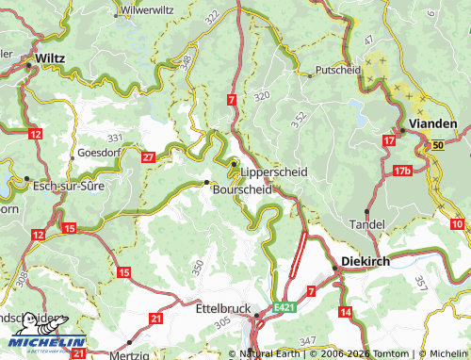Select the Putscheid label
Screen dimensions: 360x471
pos(338,70)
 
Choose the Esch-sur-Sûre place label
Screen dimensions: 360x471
pos(67,186)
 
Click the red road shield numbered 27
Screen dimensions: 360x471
pos(148,156)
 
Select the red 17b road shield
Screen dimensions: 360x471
pos(403,171)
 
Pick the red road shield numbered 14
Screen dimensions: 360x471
pos(345,311)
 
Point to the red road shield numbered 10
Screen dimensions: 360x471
pos(457,223)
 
